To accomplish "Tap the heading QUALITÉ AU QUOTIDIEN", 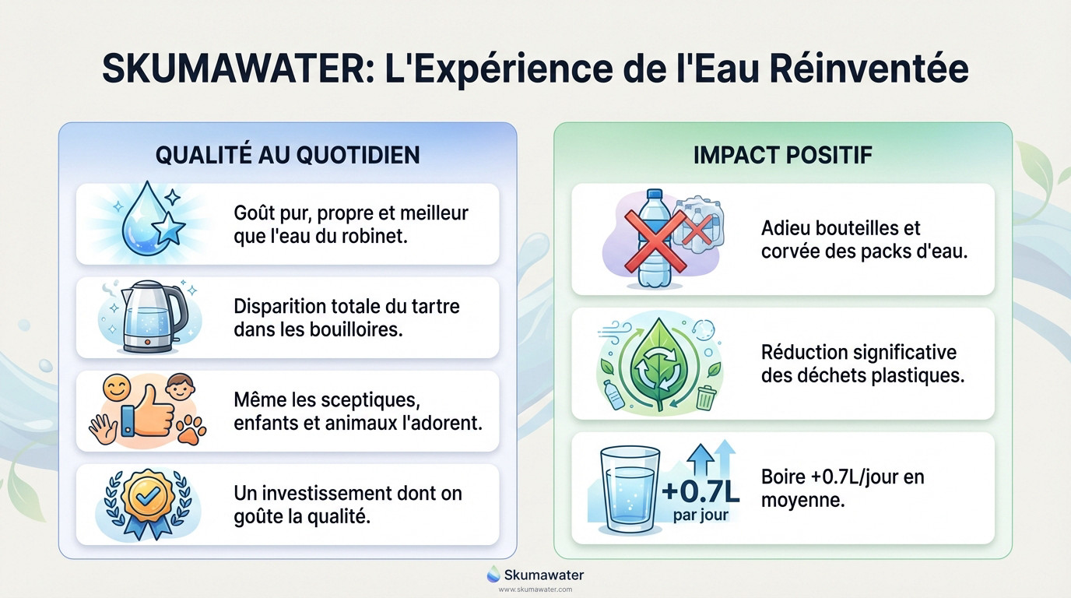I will coord(287,154).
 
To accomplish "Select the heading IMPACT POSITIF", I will coord(782,154).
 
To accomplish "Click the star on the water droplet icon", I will coord(168,230).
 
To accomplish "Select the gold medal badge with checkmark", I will coord(147,498).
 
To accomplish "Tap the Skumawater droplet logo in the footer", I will coord(493,575).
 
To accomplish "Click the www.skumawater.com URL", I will coord(535,589).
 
